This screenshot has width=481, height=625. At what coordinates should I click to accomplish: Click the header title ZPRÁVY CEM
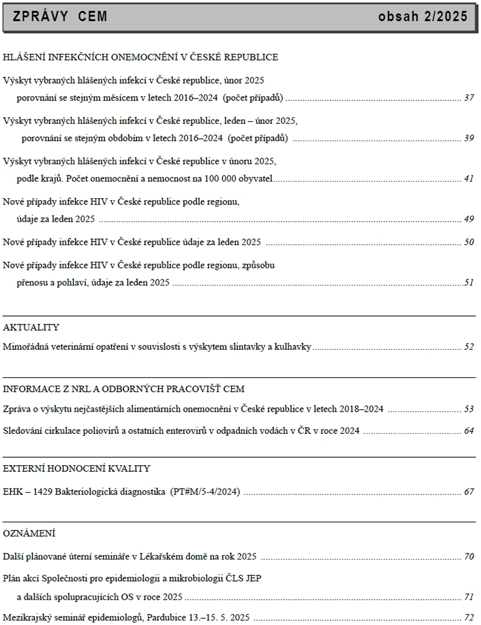[60, 17]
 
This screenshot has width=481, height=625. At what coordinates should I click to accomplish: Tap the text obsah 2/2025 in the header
[423, 17]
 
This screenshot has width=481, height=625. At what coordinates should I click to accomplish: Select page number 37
[470, 97]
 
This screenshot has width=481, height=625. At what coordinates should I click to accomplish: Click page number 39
[470, 138]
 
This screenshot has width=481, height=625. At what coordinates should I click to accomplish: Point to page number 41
[470, 178]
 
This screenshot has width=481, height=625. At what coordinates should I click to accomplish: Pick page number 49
[470, 219]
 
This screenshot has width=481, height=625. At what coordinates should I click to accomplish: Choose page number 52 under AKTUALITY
[470, 347]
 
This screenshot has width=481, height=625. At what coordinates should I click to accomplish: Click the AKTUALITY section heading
[31, 328]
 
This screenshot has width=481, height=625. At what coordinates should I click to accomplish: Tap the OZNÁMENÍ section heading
[29, 533]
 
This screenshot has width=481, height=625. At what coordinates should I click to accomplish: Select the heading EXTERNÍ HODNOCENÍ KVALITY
[76, 468]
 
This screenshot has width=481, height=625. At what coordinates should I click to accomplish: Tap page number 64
[470, 430]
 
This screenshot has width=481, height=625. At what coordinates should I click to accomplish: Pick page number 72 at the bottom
[470, 617]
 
